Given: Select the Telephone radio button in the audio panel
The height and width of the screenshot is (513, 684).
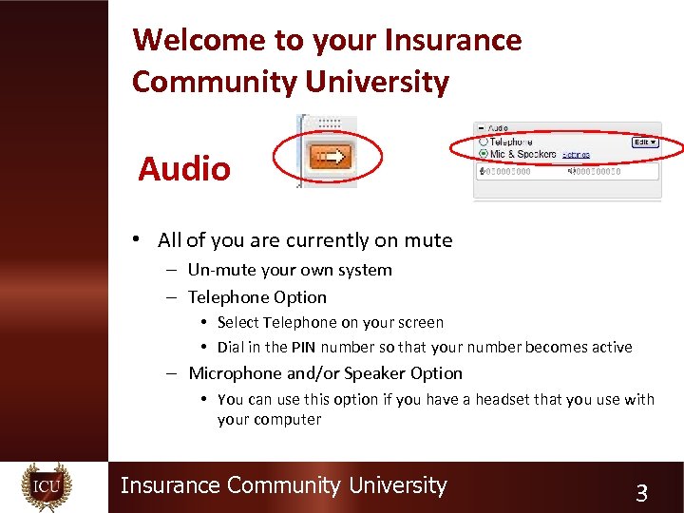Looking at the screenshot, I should [483, 142].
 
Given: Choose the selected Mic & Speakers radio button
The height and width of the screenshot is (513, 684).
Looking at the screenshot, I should [483, 153].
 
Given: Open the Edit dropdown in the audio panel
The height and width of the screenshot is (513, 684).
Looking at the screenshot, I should [646, 142].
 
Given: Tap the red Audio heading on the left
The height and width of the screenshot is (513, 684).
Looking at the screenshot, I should [184, 169].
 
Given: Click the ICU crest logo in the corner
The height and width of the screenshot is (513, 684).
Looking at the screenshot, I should [47, 487].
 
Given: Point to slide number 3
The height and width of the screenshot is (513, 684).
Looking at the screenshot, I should [641, 493].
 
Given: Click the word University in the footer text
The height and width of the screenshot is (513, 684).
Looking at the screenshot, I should [397, 485].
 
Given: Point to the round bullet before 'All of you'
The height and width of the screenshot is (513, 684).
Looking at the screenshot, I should [139, 240].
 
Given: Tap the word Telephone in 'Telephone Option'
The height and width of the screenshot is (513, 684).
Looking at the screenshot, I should [228, 297].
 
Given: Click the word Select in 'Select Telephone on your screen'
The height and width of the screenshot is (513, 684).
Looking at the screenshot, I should [237, 323].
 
